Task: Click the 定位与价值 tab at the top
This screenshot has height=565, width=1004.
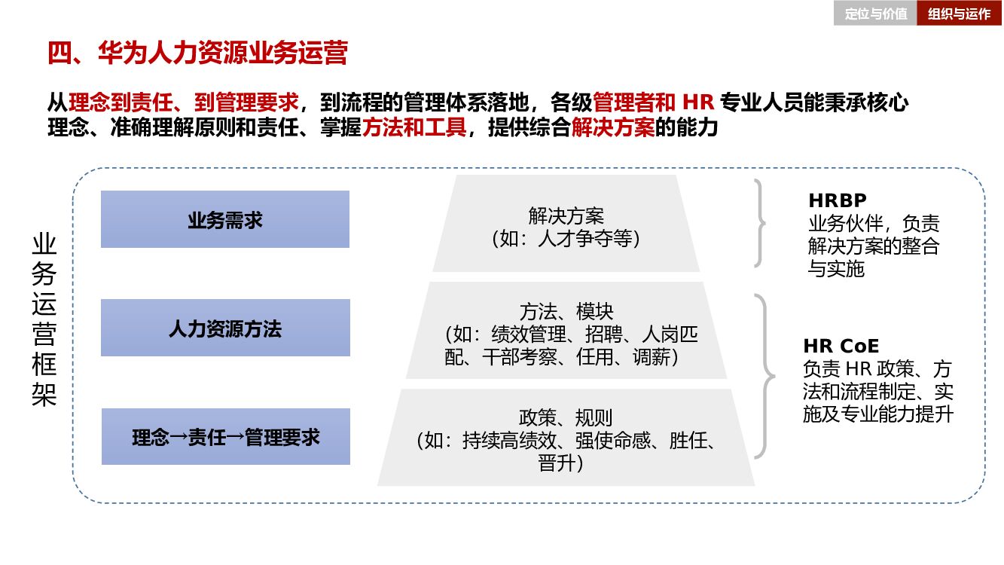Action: click(875, 14)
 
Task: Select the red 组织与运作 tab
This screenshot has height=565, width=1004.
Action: click(959, 14)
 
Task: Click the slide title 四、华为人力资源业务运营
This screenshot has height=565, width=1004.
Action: click(197, 54)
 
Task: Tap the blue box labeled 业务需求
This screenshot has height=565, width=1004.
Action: click(225, 219)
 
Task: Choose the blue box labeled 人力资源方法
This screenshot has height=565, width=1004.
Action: click(225, 328)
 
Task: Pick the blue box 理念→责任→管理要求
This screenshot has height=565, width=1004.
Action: click(225, 437)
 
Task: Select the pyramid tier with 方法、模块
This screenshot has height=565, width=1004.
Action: click(566, 331)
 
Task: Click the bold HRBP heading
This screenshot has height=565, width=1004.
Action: click(838, 200)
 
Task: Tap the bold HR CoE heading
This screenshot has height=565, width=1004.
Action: click(841, 346)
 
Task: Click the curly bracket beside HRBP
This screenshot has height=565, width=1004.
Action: click(760, 223)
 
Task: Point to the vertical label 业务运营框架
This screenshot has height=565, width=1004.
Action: click(44, 320)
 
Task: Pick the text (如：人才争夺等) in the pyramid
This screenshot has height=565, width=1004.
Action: click(566, 239)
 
